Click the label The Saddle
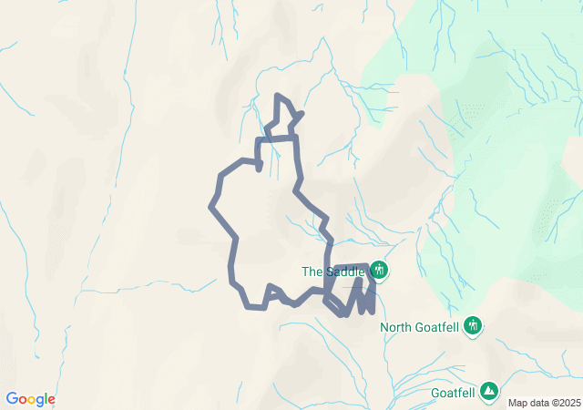tap(333, 272)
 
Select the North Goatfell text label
tap(420, 327)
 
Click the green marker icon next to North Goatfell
tap(472, 325)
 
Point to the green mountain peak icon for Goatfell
tap(489, 391)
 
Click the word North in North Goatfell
tap(396, 327)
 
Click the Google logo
tap(30, 399)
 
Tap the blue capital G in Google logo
tap(12, 399)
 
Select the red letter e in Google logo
tap(51, 400)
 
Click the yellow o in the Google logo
tap(32, 400)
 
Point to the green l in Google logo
tap(46, 399)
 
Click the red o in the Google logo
tap(24, 400)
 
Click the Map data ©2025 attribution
tap(544, 403)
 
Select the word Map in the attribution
tap(517, 403)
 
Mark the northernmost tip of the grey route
tap(277, 95)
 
